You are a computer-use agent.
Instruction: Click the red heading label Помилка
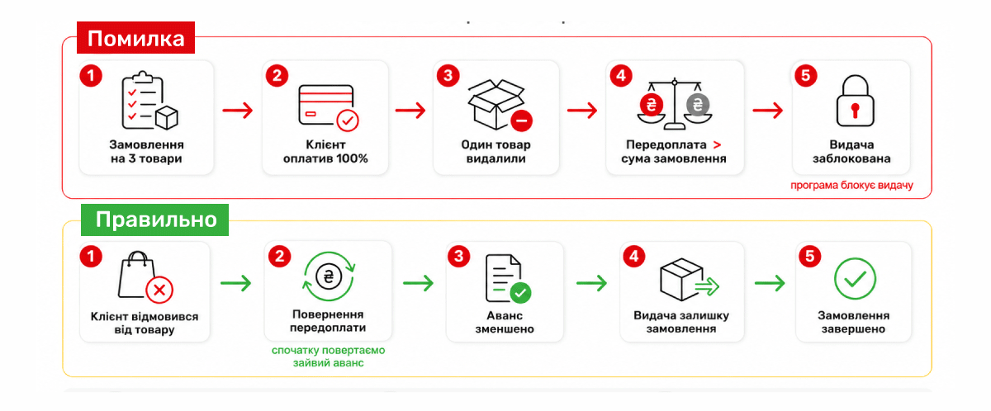tap(135, 38)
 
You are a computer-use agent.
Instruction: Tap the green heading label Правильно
tap(155, 220)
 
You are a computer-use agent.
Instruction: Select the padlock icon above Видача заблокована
tap(855, 101)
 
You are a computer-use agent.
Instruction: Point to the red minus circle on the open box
tap(522, 120)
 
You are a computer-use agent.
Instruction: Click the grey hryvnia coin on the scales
tap(698, 105)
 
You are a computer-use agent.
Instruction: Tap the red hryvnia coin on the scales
tap(652, 105)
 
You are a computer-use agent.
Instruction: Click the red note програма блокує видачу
tap(851, 185)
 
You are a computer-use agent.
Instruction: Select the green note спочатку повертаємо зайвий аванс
tap(329, 357)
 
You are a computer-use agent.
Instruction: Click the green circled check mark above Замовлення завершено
tap(855, 278)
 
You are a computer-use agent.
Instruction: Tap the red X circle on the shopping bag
tap(159, 290)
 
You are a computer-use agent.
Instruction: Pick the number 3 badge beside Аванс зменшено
tap(459, 257)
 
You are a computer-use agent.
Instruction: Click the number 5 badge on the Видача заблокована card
tap(806, 76)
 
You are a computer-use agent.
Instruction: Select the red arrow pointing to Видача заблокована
tap(767, 110)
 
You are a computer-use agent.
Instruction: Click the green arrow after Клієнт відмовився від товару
tap(236, 283)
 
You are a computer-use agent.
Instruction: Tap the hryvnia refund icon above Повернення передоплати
tap(329, 276)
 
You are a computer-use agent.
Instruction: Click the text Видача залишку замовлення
tap(681, 322)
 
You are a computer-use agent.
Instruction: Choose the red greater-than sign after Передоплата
tap(717, 145)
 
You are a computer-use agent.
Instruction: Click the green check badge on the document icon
tap(521, 292)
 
